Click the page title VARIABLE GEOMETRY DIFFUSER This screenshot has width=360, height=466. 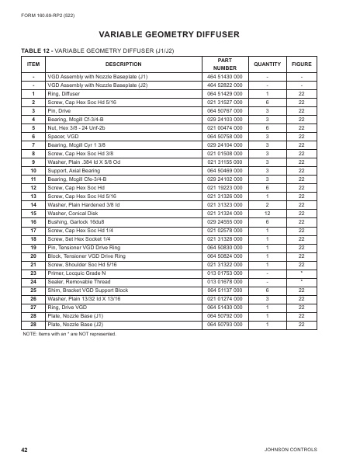click(x=180, y=35)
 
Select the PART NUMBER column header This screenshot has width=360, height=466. click(x=224, y=64)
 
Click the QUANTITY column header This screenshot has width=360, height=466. click(x=267, y=64)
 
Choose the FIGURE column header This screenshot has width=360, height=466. click(x=301, y=64)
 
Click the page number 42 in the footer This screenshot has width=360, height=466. click(x=26, y=450)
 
